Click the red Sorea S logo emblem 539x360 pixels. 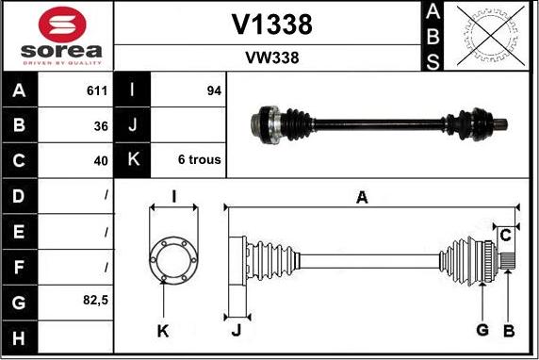click(62, 25)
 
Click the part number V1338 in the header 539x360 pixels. click(271, 25)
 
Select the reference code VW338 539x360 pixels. click(272, 57)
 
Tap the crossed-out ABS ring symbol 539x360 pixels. click(491, 36)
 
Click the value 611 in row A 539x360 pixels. click(97, 90)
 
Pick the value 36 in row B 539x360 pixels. click(101, 126)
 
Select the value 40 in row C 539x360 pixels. click(101, 161)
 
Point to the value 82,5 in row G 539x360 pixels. click(95, 300)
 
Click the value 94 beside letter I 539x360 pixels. click(214, 90)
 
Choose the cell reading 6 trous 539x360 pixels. click(200, 159)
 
